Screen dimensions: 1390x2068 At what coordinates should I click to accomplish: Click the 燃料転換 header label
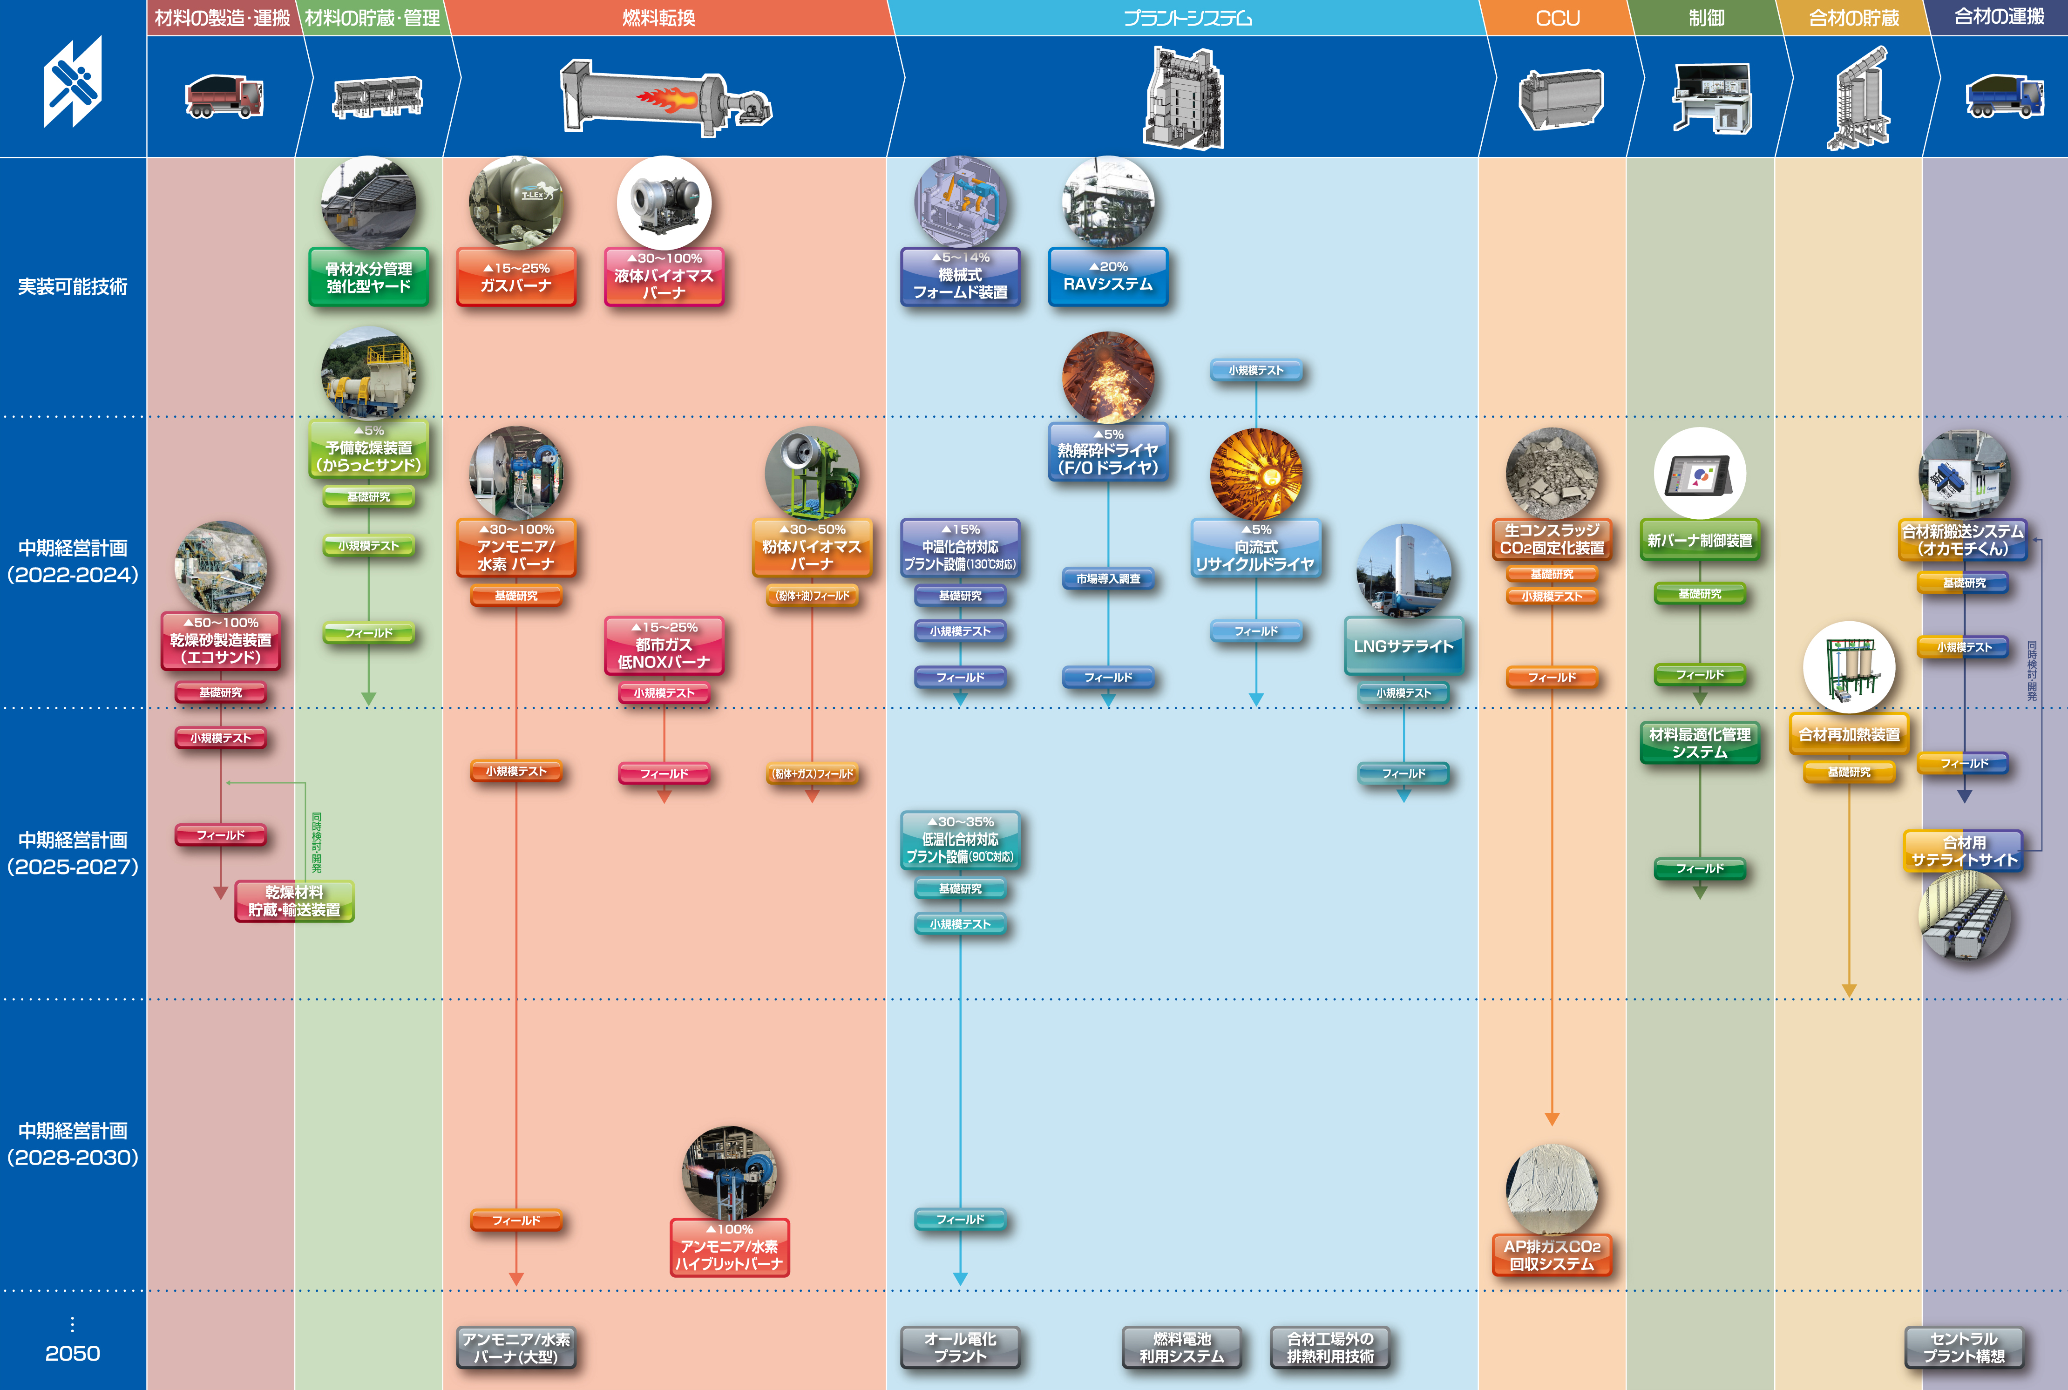658,18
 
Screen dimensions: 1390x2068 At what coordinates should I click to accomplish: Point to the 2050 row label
73,1353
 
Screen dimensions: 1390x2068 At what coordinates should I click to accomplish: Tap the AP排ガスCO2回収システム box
1551,1254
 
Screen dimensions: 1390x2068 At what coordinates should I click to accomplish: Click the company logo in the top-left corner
73,81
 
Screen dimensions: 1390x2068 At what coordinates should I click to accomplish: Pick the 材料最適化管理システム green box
1699,743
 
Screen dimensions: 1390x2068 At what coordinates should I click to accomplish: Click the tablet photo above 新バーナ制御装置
1699,474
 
